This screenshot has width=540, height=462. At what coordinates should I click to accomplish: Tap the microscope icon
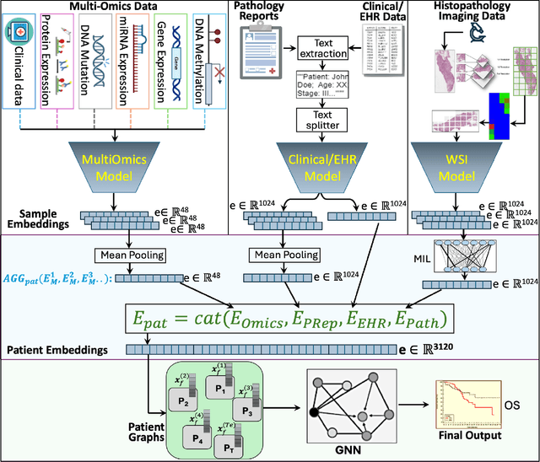[460, 32]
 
